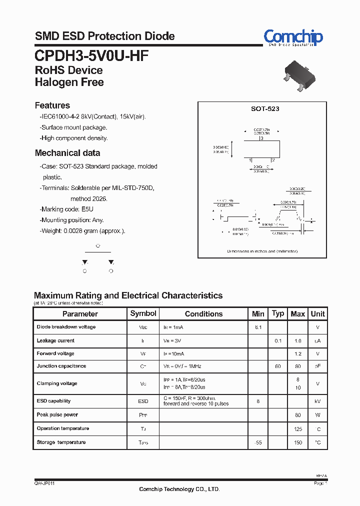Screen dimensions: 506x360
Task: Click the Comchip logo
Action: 293,37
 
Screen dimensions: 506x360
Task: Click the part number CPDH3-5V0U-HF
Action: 91,55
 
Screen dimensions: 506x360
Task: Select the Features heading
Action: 52,105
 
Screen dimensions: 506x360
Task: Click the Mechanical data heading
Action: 67,153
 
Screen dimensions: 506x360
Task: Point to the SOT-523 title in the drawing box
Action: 265,108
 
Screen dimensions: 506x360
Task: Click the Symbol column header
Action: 143,313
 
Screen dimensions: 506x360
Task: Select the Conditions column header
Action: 203,314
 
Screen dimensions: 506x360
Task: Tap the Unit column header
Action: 317,314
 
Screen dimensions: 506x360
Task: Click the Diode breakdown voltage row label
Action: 66,327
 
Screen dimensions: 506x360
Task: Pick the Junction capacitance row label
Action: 61,366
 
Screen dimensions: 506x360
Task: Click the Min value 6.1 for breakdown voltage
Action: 258,327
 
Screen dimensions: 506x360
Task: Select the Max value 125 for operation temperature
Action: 298,429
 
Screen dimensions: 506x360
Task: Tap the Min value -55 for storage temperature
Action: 258,442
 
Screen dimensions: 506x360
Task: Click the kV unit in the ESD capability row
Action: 317,401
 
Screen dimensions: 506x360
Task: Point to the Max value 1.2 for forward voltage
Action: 298,353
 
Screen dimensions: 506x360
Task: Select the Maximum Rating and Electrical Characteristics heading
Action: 128,295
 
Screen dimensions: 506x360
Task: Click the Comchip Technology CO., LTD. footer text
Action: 179,489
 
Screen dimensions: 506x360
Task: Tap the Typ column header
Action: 278,313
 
